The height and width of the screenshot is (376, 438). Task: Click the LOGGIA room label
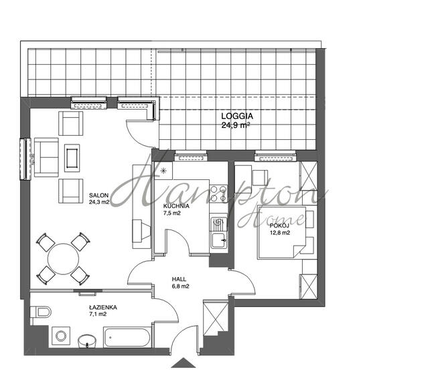coord(237,116)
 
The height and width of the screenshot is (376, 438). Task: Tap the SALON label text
coord(98,195)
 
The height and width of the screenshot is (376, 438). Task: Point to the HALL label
coord(179,279)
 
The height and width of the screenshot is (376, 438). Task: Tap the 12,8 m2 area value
coord(280,233)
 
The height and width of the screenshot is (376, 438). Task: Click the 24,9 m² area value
coord(236,125)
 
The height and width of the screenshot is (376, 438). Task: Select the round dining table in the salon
coord(63,259)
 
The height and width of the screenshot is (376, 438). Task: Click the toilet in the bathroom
coord(41,312)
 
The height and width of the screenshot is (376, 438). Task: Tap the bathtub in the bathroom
coord(127,337)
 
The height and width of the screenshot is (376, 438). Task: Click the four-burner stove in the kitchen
coord(218,193)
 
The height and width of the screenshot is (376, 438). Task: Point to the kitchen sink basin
coord(219,241)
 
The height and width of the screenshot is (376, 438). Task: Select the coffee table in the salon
coord(72,158)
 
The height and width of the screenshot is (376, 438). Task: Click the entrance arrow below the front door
coord(184,363)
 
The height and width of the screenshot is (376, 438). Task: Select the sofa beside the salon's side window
coord(46,157)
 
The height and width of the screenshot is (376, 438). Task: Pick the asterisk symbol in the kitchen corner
coord(163,171)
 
